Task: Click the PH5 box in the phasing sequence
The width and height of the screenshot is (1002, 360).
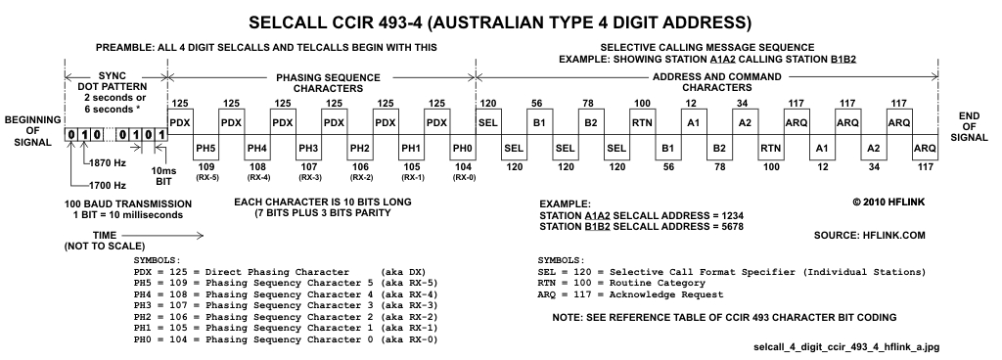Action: point(205,147)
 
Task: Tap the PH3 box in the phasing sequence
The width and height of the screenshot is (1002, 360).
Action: point(308,147)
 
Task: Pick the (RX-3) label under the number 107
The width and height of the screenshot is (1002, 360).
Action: point(308,178)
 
